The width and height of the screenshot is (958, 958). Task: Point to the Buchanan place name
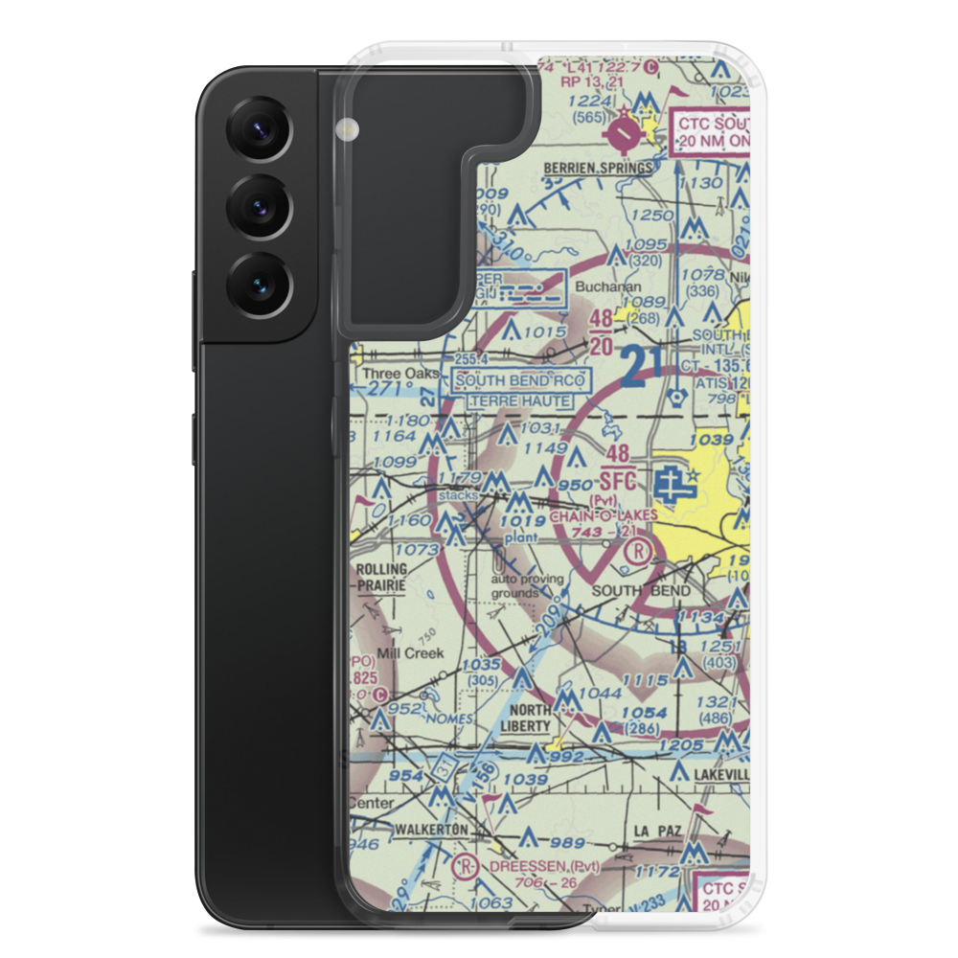point(600,285)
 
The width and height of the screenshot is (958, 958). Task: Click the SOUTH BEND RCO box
point(518,380)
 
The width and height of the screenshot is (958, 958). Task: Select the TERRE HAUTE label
point(518,400)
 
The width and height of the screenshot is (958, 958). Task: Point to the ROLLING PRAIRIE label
point(380,576)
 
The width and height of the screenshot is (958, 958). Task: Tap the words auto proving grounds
point(516,586)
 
